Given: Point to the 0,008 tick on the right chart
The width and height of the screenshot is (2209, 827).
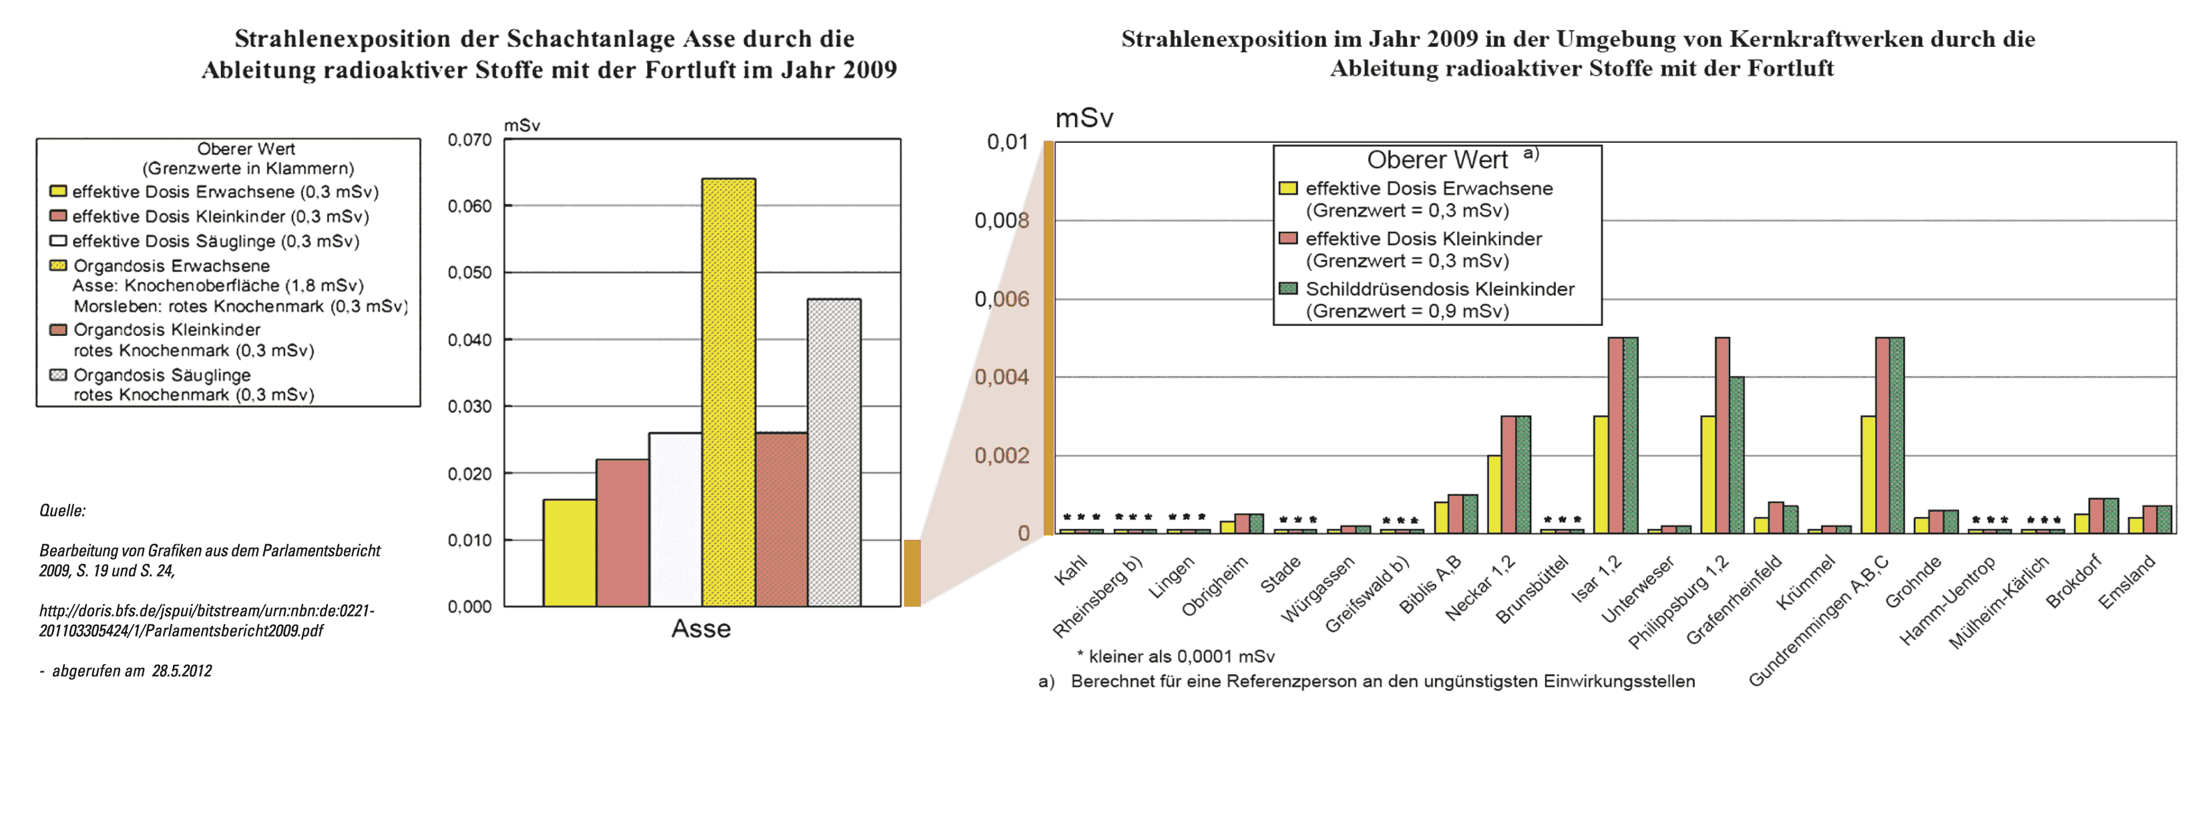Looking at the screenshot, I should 1001,220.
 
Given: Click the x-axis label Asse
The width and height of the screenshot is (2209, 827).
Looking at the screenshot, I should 700,629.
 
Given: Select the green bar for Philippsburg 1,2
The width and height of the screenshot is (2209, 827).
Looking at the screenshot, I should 1736,455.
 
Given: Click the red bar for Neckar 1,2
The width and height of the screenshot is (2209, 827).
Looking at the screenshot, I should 1509,474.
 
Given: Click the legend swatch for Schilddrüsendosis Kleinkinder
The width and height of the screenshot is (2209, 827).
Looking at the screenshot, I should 1287,289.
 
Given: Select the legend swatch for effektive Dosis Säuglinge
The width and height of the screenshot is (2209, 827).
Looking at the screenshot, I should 58,241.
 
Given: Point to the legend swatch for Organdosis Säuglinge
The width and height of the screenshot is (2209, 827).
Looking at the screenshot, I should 58,375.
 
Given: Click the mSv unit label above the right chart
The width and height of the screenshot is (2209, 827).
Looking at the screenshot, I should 1084,118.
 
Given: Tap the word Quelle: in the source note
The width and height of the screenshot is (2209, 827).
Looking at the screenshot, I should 63,510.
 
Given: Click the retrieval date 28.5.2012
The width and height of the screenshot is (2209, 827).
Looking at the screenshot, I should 182,671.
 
